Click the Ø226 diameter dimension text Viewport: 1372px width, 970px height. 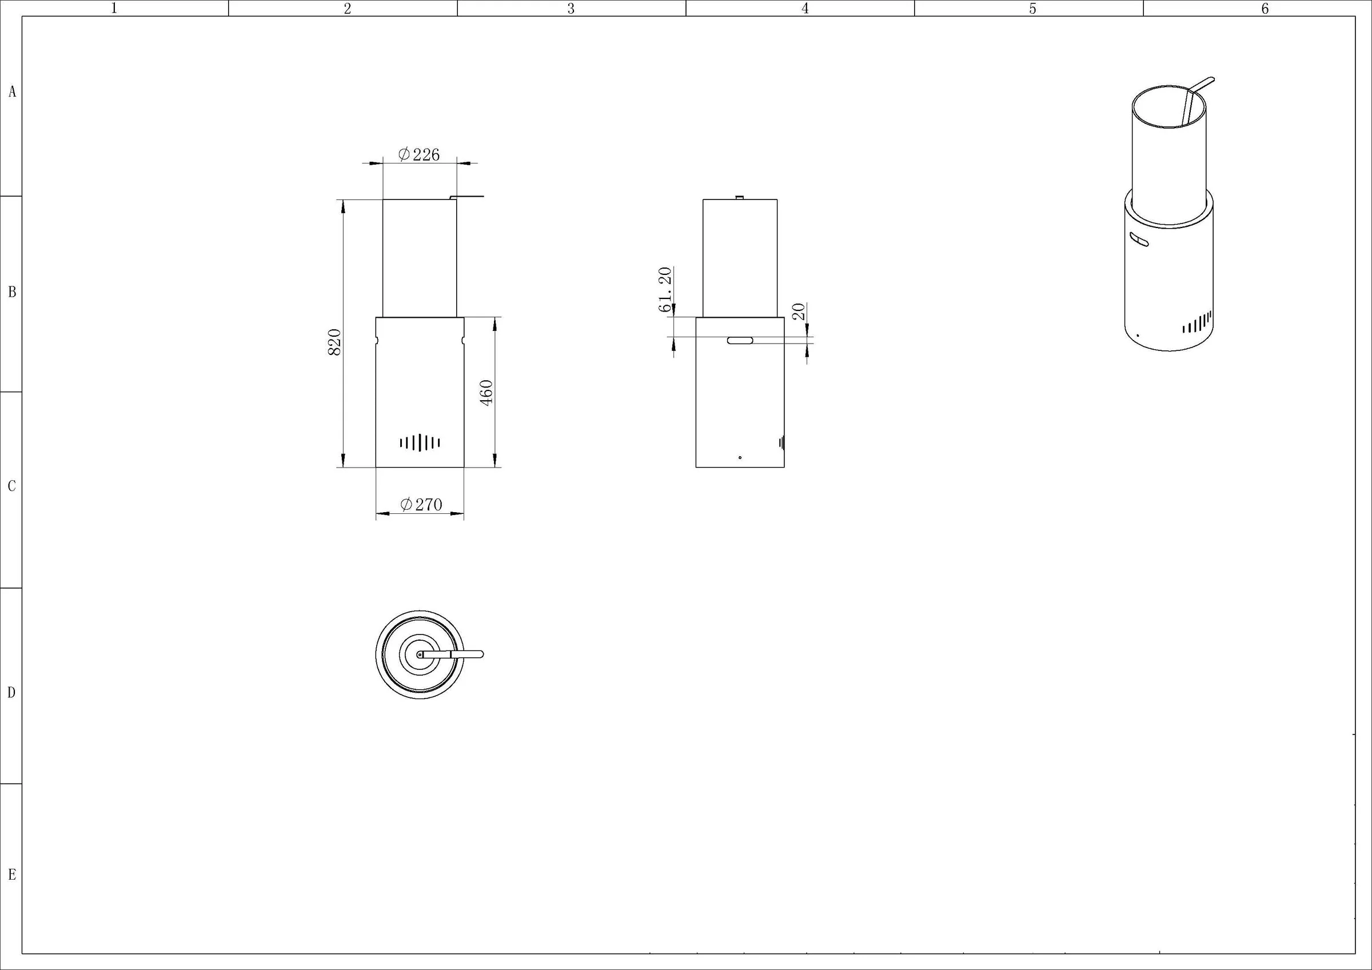[419, 155]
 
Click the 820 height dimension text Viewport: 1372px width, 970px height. [334, 342]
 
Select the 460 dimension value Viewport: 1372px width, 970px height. [486, 393]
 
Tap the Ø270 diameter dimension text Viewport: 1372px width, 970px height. [421, 504]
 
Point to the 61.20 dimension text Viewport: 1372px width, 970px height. [665, 290]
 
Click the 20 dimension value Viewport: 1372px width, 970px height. [799, 312]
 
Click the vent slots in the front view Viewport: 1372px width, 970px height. [420, 442]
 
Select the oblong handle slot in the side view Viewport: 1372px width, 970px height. [740, 341]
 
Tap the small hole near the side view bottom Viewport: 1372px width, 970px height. [740, 458]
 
